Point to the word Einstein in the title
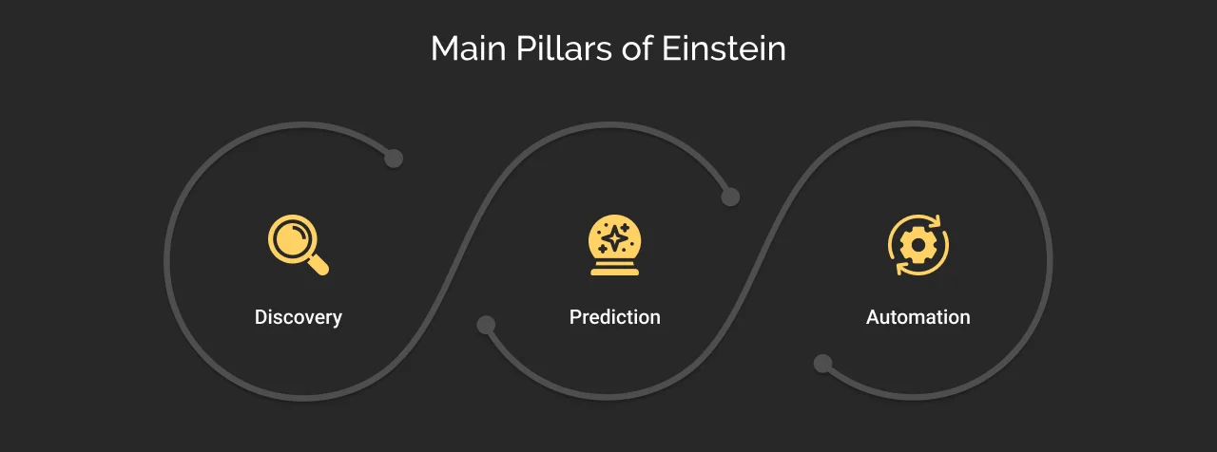tap(727, 49)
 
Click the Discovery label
tap(298, 317)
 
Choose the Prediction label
tap(614, 317)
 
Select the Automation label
tap(918, 317)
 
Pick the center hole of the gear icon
tap(918, 245)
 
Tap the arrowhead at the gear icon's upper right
tap(937, 222)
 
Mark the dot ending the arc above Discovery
tap(394, 159)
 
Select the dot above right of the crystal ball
tap(730, 198)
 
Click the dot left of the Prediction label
tap(486, 325)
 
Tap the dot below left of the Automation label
tap(822, 364)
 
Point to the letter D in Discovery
tap(261, 317)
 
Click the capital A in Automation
tap(873, 317)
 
